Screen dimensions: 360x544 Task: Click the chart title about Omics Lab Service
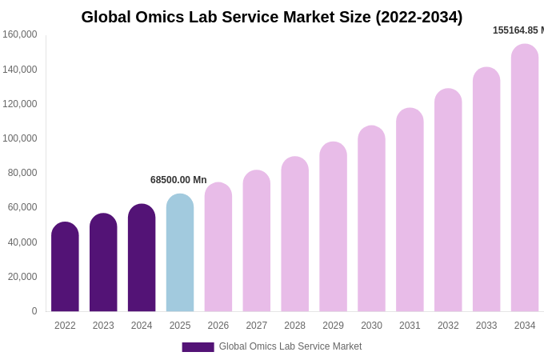click(x=272, y=17)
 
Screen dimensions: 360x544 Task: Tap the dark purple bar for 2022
click(x=65, y=267)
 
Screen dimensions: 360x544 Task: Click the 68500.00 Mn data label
click(x=178, y=180)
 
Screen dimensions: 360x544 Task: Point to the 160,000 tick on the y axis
click(x=20, y=34)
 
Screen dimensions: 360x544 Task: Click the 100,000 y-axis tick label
click(x=20, y=138)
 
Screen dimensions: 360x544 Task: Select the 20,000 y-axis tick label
click(x=22, y=277)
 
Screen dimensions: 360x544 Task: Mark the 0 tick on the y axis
click(x=34, y=311)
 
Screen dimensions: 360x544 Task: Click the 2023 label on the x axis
click(x=103, y=326)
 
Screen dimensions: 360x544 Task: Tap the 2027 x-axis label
click(x=257, y=326)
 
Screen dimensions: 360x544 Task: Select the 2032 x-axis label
click(x=448, y=326)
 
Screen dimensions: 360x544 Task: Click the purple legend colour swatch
click(x=198, y=347)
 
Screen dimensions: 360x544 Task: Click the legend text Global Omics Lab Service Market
click(x=290, y=346)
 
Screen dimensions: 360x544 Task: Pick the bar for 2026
click(x=218, y=247)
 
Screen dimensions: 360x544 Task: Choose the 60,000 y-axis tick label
click(x=22, y=207)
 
